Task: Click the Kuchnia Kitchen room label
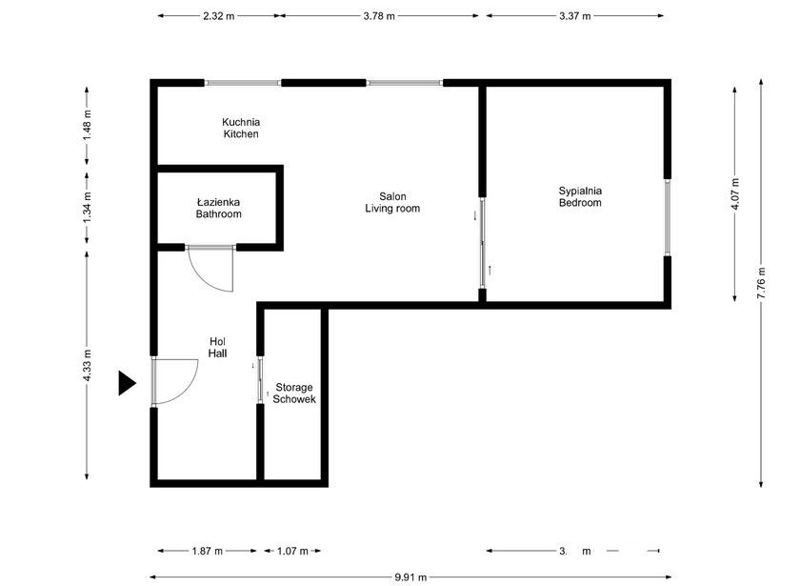(241, 128)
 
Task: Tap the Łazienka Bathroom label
(218, 209)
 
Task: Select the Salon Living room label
(391, 202)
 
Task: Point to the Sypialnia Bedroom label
(580, 196)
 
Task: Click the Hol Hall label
(218, 348)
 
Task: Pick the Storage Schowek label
(294, 394)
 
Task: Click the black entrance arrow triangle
(128, 383)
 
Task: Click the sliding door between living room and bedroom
(483, 243)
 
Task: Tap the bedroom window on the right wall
(668, 216)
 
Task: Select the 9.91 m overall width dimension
(410, 576)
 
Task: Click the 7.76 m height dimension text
(760, 284)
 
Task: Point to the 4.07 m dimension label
(734, 196)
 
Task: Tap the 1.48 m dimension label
(88, 127)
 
